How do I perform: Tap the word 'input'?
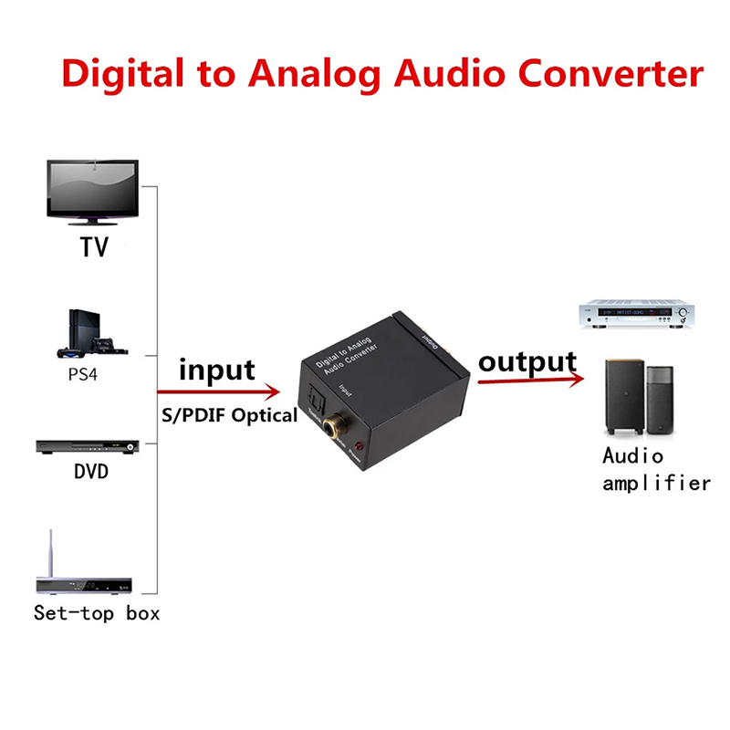(x=217, y=370)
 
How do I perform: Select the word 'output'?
(x=527, y=361)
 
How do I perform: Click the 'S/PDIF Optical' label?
(x=229, y=415)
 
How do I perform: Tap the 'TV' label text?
(x=93, y=246)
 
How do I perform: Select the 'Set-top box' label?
(x=97, y=613)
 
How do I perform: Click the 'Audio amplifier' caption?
(x=655, y=469)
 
